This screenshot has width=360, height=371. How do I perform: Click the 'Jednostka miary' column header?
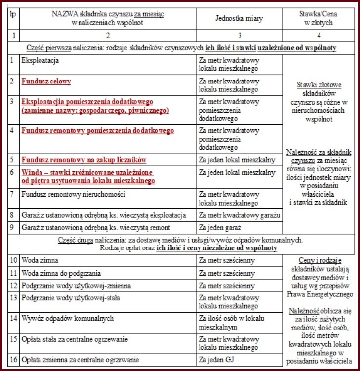tap(239, 19)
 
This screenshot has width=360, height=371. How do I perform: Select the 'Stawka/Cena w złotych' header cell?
tap(317, 19)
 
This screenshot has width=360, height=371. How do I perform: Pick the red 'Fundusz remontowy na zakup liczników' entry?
tap(83, 160)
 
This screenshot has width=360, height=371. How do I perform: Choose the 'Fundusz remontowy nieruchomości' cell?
tap(73, 194)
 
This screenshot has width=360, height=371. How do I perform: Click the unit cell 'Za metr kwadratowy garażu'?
tap(239, 215)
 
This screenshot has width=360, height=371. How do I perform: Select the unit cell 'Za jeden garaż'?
tap(220, 228)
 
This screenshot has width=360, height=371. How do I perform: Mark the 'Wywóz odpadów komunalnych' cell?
tap(68, 318)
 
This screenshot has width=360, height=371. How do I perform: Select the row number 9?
tap(12, 228)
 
